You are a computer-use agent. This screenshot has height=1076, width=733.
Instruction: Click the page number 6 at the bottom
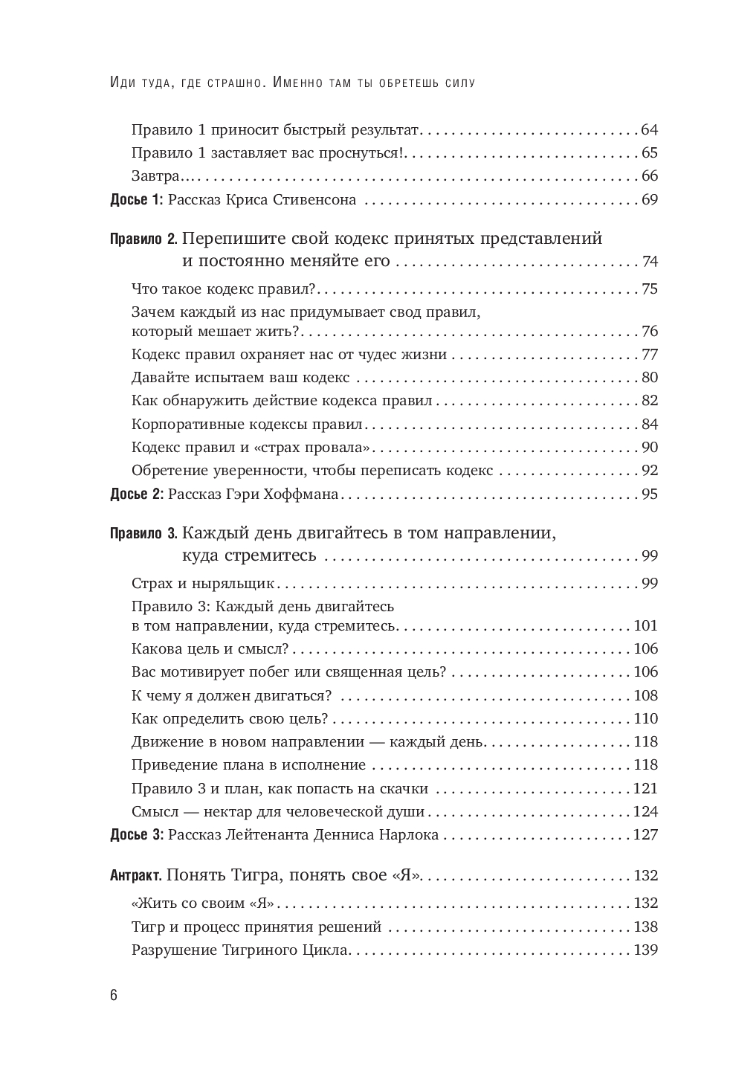114,996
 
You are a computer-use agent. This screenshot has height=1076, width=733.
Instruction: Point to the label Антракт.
135,875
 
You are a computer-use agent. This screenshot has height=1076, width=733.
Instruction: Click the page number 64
649,130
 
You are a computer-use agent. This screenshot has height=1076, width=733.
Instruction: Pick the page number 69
649,200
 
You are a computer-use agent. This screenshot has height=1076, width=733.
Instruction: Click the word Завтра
155,176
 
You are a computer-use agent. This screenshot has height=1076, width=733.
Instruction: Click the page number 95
649,494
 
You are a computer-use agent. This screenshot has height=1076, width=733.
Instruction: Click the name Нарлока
407,835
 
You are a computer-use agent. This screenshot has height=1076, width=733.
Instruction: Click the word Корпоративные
179,425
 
